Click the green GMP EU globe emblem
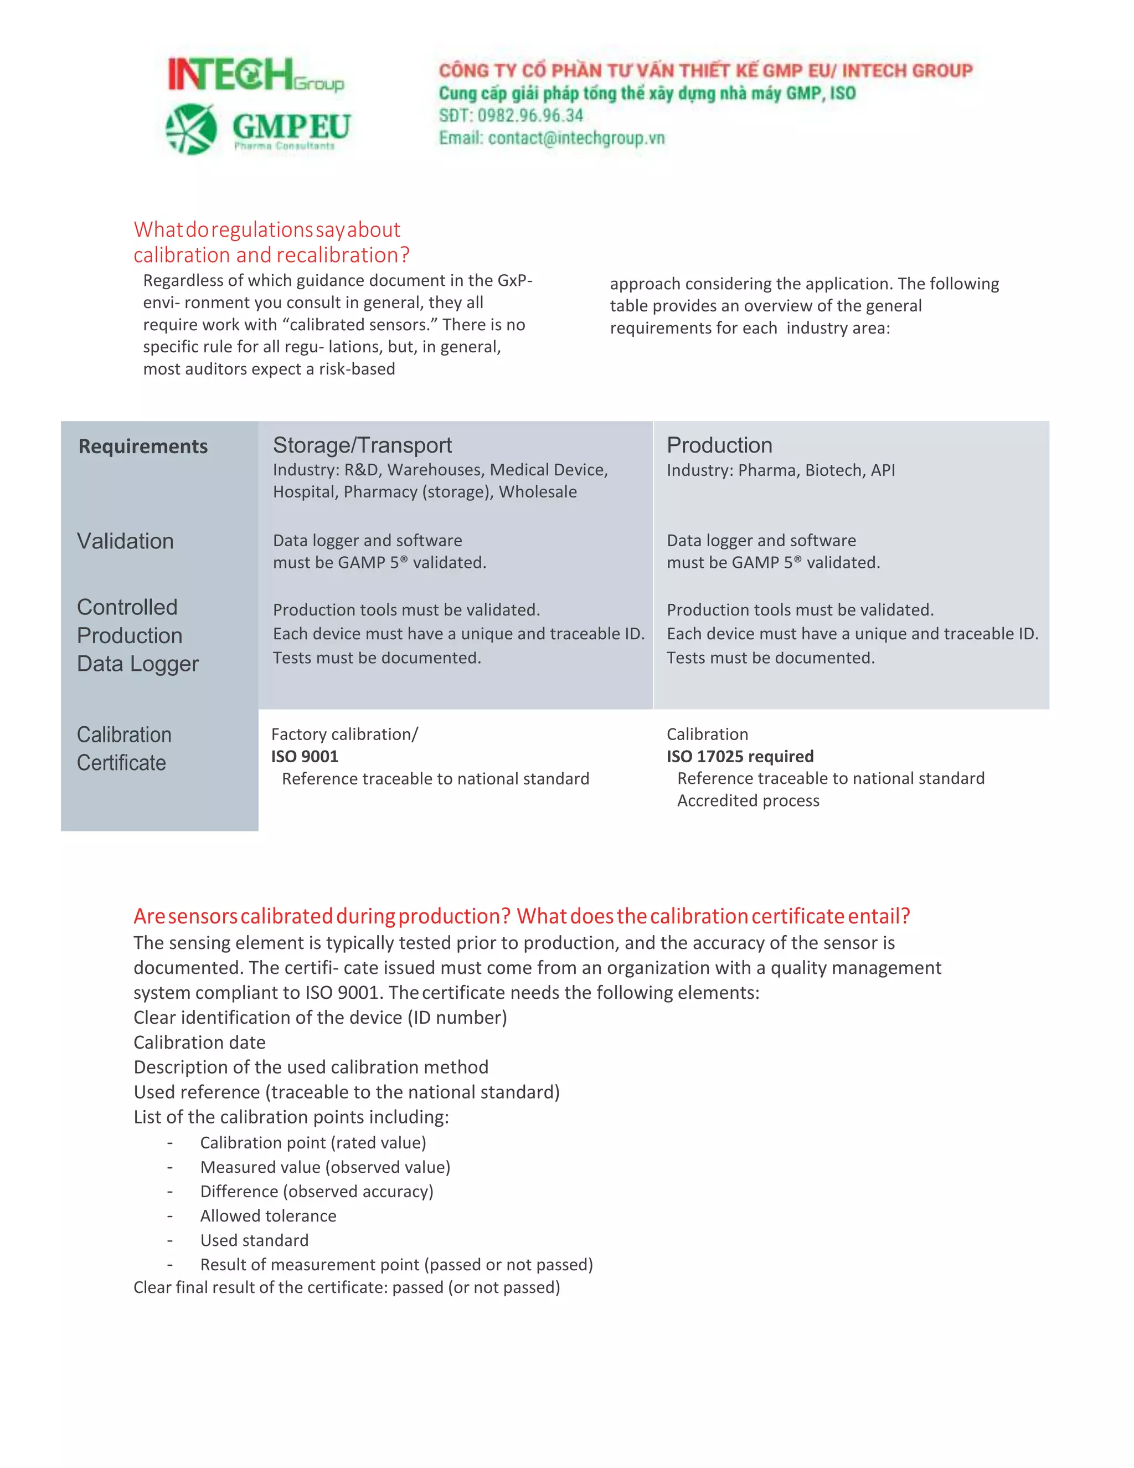pyautogui.click(x=192, y=129)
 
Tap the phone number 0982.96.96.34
pyautogui.click(x=530, y=116)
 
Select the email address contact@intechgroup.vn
pyautogui.click(x=576, y=138)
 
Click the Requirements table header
pyautogui.click(x=143, y=446)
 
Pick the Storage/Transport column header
pyautogui.click(x=362, y=445)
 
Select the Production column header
pyautogui.click(x=719, y=445)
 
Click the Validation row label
pyautogui.click(x=126, y=541)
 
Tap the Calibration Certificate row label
pyautogui.click(x=123, y=748)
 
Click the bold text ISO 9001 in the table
pyautogui.click(x=305, y=756)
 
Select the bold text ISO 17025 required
pyautogui.click(x=740, y=756)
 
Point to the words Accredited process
pyautogui.click(x=748, y=800)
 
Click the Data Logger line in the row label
pyautogui.click(x=138, y=664)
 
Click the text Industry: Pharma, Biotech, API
pyautogui.click(x=781, y=470)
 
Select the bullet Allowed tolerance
pyautogui.click(x=268, y=1215)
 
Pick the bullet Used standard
pyautogui.click(x=254, y=1240)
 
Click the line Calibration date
pyautogui.click(x=199, y=1042)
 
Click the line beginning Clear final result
pyautogui.click(x=346, y=1287)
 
